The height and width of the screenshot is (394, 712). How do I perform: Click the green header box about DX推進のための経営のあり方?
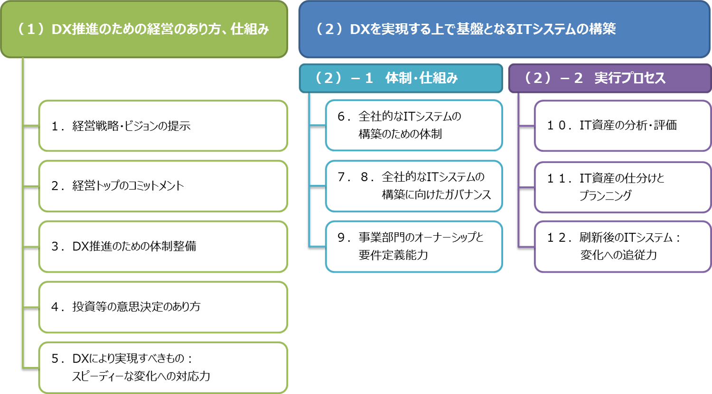click(x=144, y=29)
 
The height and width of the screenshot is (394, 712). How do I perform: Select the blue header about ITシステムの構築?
click(x=505, y=29)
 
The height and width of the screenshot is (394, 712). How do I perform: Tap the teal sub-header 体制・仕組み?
click(x=401, y=78)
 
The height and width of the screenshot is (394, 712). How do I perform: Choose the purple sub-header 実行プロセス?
click(x=610, y=78)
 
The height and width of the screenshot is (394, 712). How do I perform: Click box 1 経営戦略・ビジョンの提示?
click(x=163, y=126)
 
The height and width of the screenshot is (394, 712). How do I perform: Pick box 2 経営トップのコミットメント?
click(x=163, y=186)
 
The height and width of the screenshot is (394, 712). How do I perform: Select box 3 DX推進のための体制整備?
click(x=163, y=247)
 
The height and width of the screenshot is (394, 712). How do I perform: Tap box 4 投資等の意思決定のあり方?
click(x=163, y=307)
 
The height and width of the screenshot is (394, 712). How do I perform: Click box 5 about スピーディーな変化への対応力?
click(x=163, y=367)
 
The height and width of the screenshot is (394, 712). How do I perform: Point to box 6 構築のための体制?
click(x=414, y=126)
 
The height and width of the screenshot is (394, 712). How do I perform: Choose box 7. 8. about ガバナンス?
click(x=414, y=186)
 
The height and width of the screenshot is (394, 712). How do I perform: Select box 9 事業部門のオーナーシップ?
click(x=414, y=247)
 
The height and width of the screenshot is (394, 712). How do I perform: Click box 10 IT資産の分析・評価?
click(x=623, y=126)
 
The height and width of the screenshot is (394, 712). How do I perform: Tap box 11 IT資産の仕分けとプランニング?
click(x=623, y=187)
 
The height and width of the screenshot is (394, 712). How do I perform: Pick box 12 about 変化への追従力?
click(x=623, y=247)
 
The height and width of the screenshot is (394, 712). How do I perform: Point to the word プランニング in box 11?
click(x=606, y=195)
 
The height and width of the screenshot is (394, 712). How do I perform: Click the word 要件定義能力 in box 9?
click(x=393, y=255)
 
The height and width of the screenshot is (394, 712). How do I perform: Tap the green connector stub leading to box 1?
click(x=31, y=126)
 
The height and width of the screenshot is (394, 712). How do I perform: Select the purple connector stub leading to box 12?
click(x=527, y=247)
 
